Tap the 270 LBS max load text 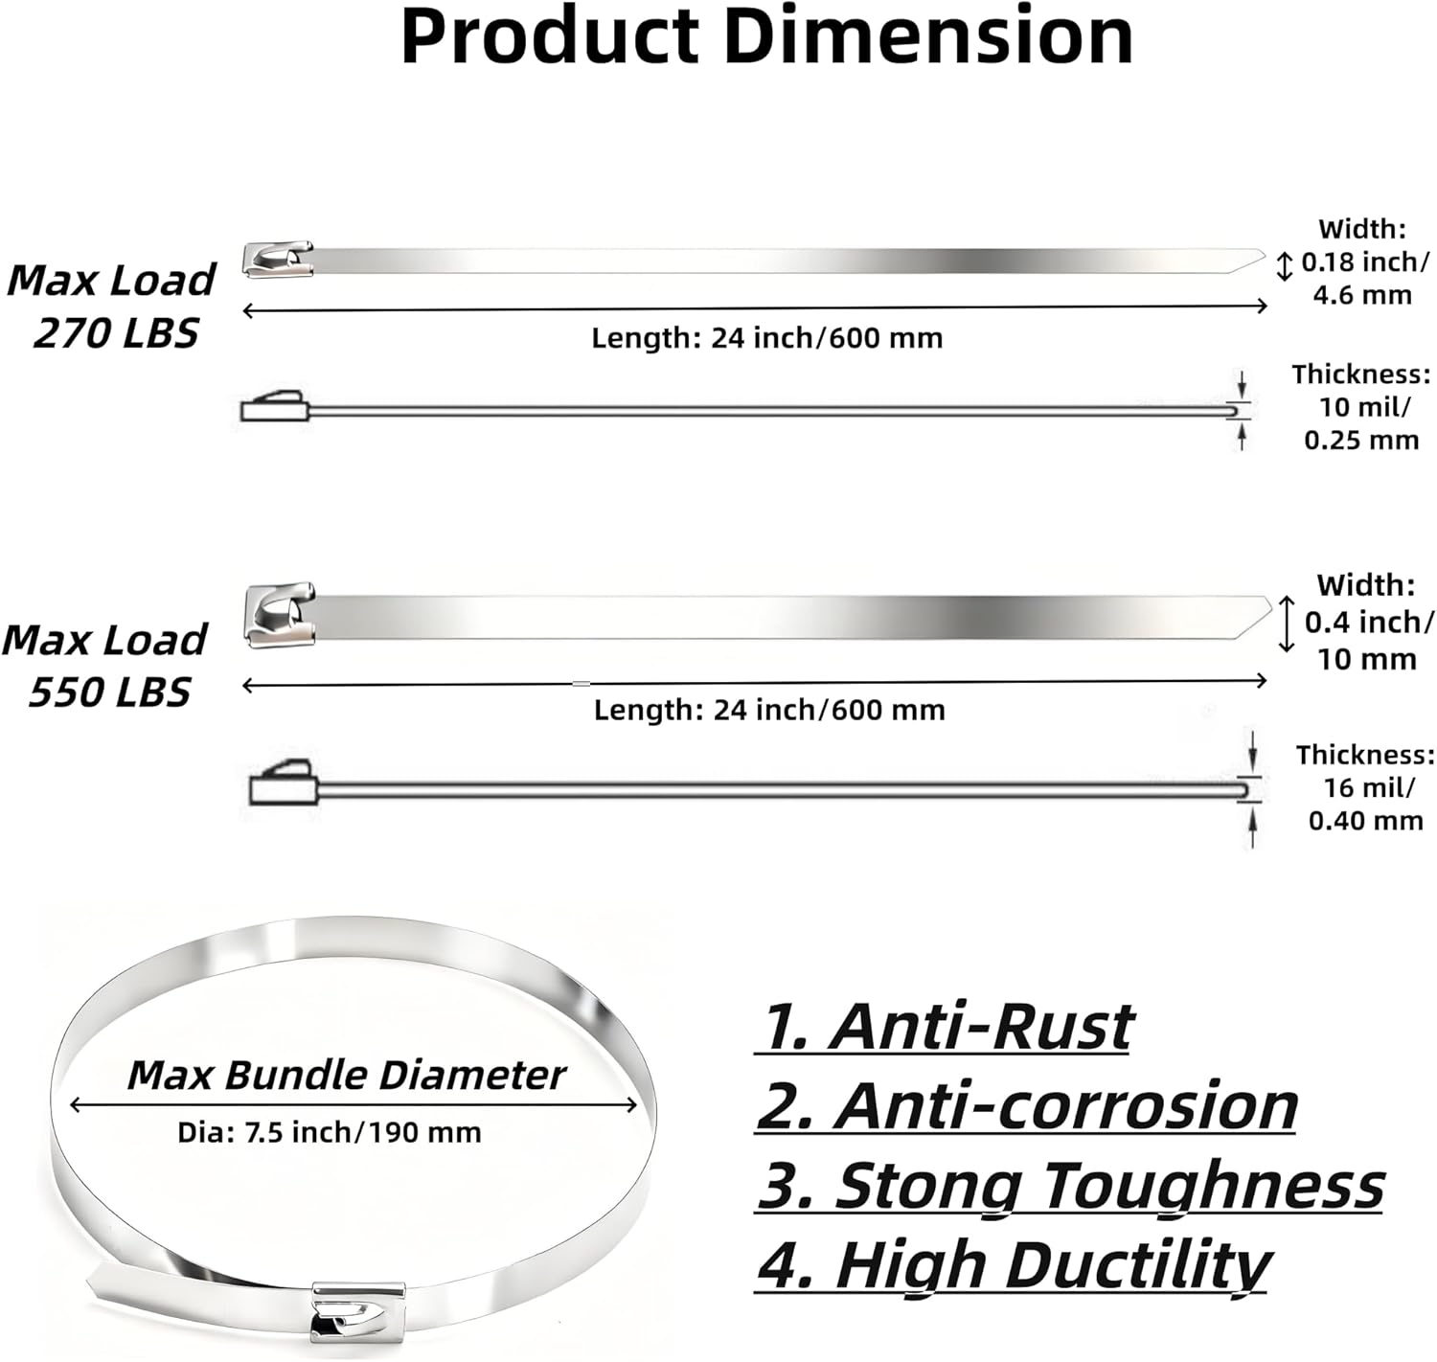click(x=115, y=333)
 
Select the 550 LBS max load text click(x=109, y=692)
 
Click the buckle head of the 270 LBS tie click(x=278, y=260)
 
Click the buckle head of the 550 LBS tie click(x=280, y=614)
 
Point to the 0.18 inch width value click(x=1364, y=261)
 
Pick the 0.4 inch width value click(x=1369, y=623)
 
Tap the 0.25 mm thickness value click(x=1361, y=441)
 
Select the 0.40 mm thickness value click(x=1365, y=821)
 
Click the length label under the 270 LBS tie click(x=766, y=338)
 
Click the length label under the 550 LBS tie click(x=769, y=710)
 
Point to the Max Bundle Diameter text click(x=346, y=1075)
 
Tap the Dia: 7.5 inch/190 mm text click(x=329, y=1133)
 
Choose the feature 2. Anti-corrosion click(x=1026, y=1105)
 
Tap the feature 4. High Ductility click(x=1014, y=1265)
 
